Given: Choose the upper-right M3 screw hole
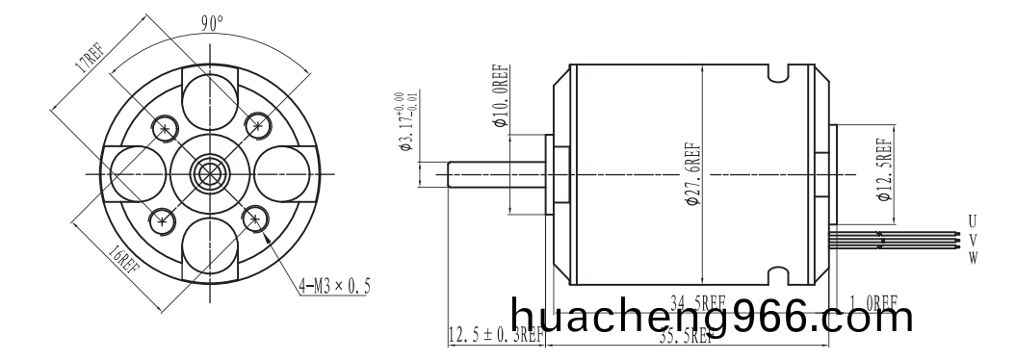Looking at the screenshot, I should (x=256, y=123).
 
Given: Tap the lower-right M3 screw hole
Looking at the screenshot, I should (x=255, y=219).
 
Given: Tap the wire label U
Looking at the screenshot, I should (x=973, y=222).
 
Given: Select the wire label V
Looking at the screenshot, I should (x=973, y=240).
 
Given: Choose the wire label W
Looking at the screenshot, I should (x=973, y=257).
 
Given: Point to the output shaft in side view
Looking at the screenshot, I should (x=497, y=174).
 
